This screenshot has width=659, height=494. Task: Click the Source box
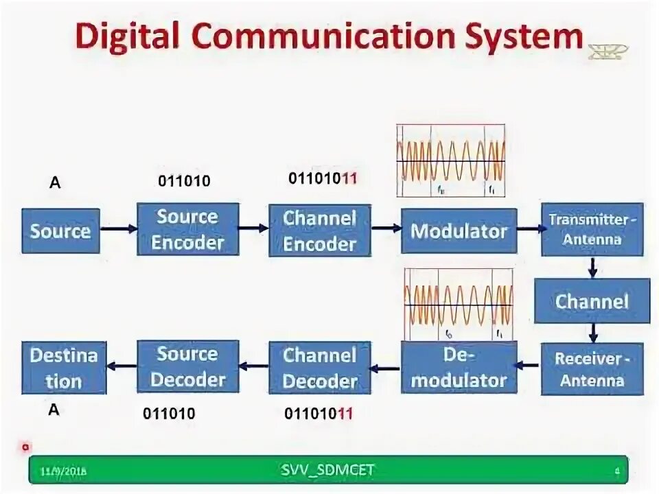pyautogui.click(x=60, y=231)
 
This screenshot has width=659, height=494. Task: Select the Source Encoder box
pyautogui.click(x=187, y=229)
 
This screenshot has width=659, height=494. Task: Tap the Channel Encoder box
pyautogui.click(x=320, y=231)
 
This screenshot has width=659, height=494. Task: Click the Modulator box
pyautogui.click(x=459, y=231)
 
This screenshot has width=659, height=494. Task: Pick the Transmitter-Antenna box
pyautogui.click(x=592, y=229)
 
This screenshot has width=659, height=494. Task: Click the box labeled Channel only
pyautogui.click(x=592, y=301)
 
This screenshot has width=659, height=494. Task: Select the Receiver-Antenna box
pyautogui.click(x=592, y=369)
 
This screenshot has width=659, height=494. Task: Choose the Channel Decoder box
pyautogui.click(x=320, y=368)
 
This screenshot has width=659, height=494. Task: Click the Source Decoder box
pyautogui.click(x=187, y=366)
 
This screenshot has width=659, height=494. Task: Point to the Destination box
pyautogui.click(x=64, y=368)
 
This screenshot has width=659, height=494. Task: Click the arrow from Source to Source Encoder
pyautogui.click(x=118, y=229)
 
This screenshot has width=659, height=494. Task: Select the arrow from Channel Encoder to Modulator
pyautogui.click(x=386, y=229)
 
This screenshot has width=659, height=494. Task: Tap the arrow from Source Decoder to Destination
pyautogui.click(x=122, y=367)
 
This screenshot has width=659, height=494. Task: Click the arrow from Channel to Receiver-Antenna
pyautogui.click(x=592, y=333)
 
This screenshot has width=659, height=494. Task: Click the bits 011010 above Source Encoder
pyautogui.click(x=184, y=181)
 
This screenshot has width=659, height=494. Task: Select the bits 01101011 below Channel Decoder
pyautogui.click(x=319, y=413)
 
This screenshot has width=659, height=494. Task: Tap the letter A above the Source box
pyautogui.click(x=54, y=182)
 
